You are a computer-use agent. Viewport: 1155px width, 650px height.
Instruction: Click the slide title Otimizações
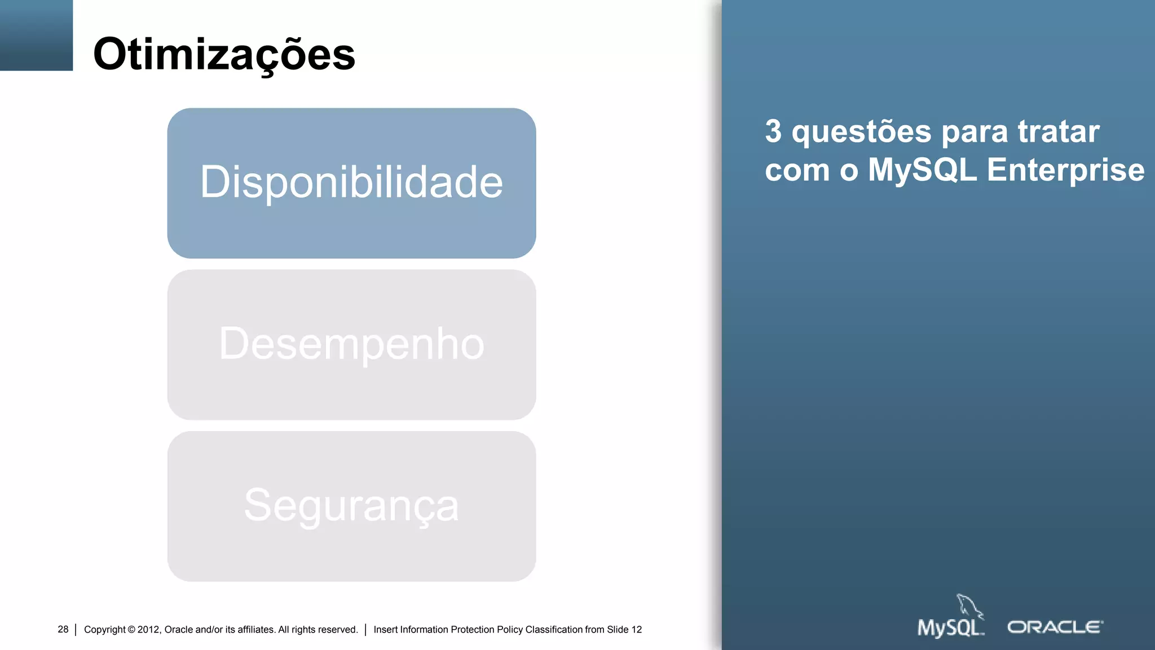pos(224,55)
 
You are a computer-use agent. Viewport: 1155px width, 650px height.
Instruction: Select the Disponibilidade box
pos(351,183)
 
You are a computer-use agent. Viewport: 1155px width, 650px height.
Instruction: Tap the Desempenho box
pos(351,344)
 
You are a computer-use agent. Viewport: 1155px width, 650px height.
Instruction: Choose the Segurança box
pos(351,506)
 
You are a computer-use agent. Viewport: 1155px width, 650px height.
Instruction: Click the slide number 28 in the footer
pos(63,629)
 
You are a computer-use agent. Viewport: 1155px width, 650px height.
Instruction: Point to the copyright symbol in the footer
pos(131,630)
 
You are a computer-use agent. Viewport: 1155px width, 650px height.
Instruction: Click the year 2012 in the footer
pos(148,630)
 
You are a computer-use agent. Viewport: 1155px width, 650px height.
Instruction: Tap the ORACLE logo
pos(1055,627)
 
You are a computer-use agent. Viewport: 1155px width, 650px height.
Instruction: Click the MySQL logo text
pos(950,628)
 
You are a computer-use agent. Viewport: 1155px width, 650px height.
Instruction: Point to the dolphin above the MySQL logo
pos(969,606)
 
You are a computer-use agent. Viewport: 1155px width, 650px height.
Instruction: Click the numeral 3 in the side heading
pos(773,131)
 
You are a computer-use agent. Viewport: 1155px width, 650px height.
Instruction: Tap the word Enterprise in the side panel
pos(1065,170)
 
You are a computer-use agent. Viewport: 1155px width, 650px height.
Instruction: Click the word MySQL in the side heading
pos(922,170)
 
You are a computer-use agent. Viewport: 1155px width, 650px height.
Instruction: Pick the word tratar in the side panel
pos(1059,131)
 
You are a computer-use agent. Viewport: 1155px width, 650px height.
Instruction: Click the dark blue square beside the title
pos(36,35)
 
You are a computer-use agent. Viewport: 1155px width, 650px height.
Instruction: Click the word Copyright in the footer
pos(105,630)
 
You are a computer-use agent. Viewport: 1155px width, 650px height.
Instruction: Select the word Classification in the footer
pos(554,630)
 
